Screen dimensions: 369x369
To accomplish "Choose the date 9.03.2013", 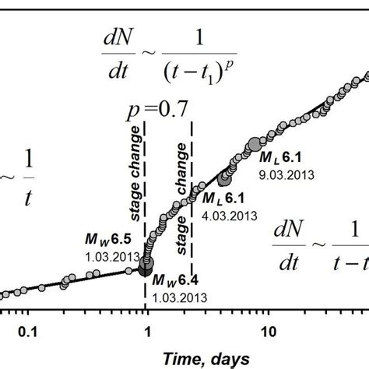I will click(287, 175).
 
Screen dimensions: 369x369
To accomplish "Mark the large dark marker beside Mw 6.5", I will click(146, 267).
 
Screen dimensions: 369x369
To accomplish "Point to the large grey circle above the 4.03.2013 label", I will click(226, 179).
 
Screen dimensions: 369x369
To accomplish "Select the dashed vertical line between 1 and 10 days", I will click(192, 234).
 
